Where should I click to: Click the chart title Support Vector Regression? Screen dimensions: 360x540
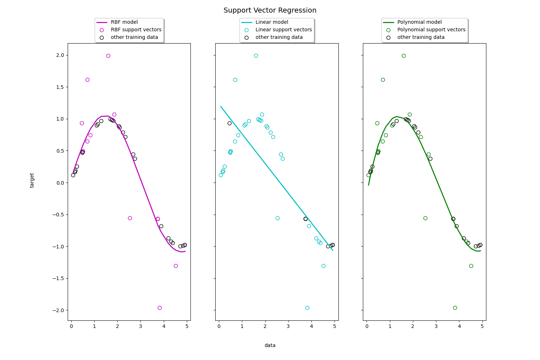270,10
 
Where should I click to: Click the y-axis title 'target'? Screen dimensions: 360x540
32,180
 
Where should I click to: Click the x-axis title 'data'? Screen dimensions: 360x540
270,345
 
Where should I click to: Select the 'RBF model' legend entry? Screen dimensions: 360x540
124,22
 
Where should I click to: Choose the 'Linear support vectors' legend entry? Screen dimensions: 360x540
283,30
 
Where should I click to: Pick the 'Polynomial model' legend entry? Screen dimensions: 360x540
419,22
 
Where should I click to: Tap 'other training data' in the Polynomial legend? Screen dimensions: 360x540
421,37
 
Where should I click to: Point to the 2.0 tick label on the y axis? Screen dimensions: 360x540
59,55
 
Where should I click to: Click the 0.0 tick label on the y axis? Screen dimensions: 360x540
59,183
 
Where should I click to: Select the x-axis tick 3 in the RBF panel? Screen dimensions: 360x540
141,327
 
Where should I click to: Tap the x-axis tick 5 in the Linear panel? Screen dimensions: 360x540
334,327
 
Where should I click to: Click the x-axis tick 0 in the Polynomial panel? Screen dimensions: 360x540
367,327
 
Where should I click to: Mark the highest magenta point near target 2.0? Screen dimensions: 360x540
108,56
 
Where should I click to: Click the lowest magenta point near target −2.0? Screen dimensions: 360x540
159,308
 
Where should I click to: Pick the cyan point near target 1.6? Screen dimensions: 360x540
235,80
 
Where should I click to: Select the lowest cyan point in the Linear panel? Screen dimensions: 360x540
307,308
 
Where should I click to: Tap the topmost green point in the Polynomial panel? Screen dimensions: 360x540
404,56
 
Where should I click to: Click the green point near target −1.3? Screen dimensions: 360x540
471,266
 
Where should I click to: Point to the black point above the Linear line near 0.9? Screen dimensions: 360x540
230,123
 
